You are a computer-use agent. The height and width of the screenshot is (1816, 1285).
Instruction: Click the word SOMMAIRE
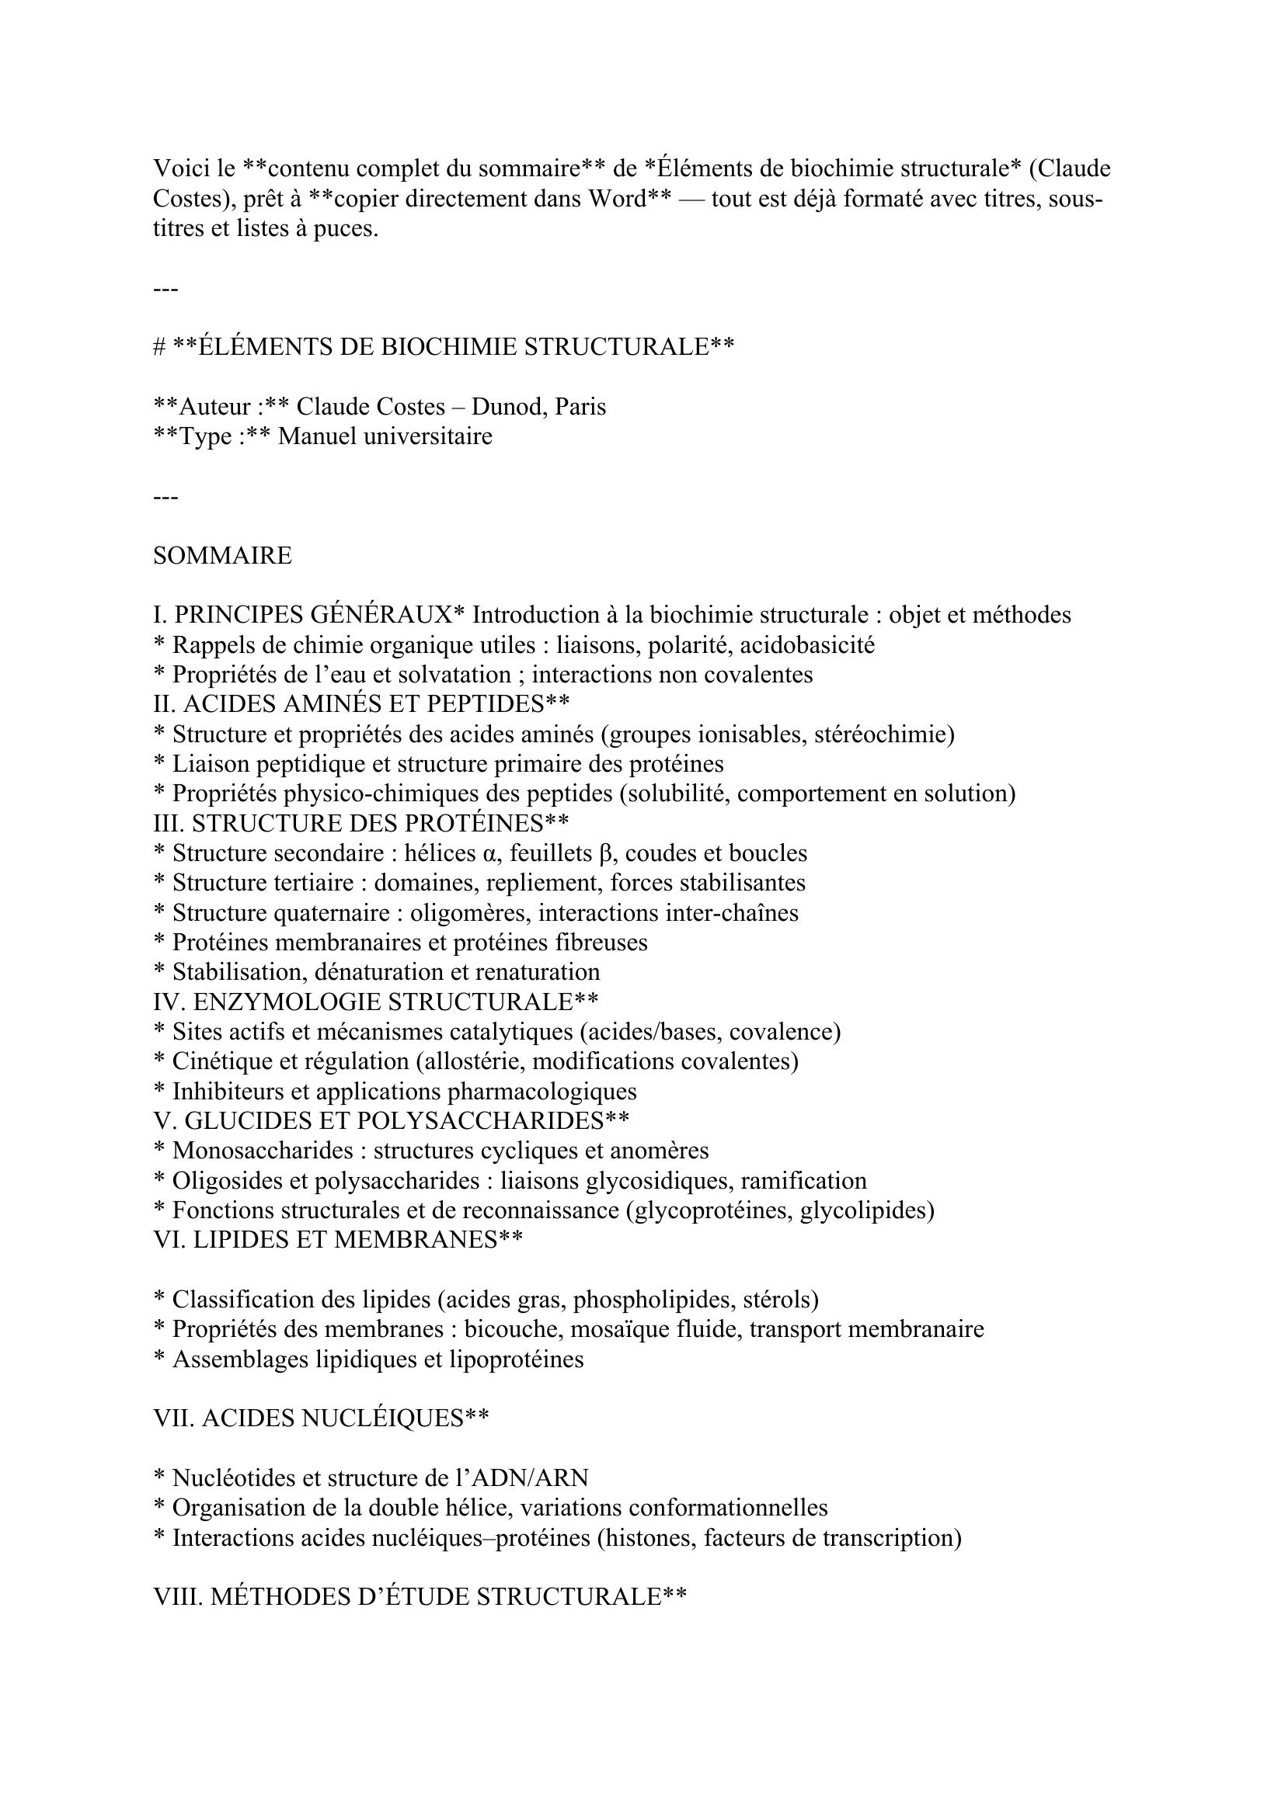tap(222, 555)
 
